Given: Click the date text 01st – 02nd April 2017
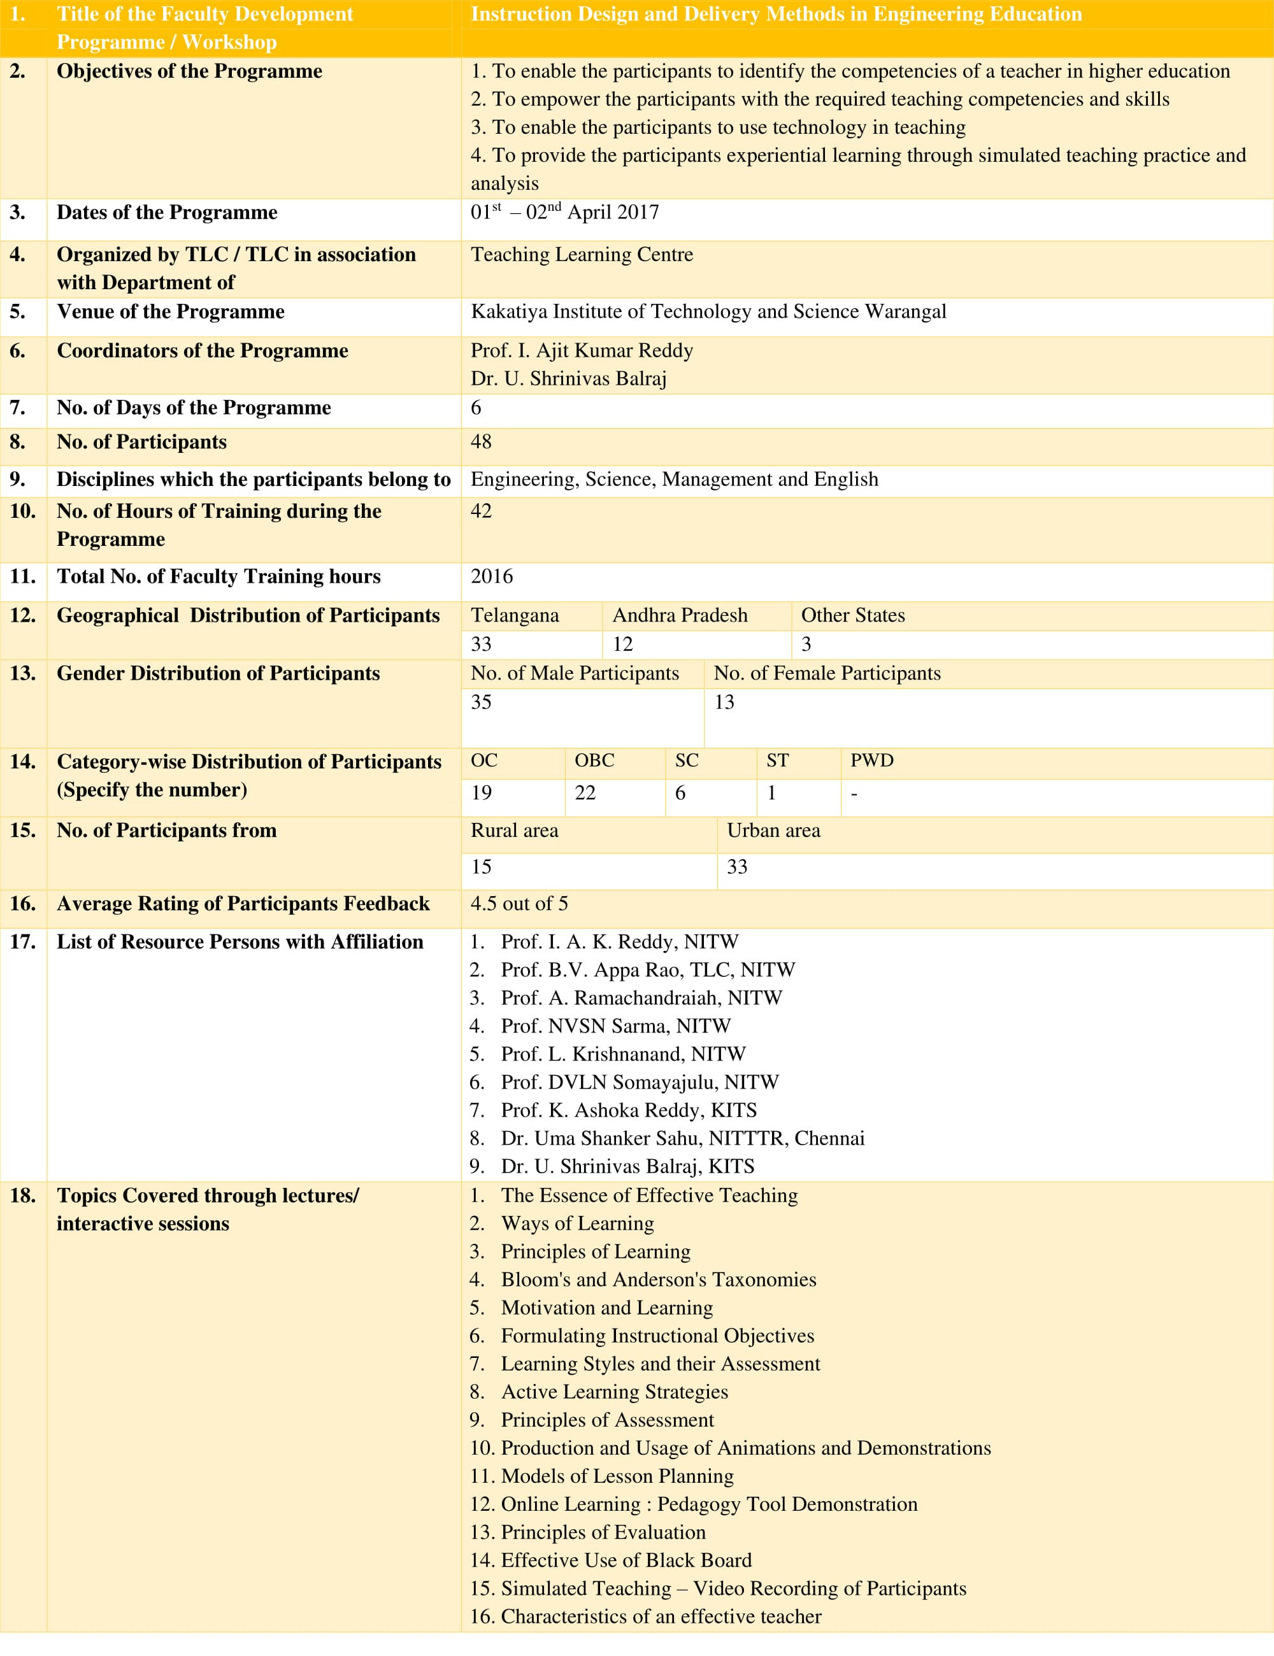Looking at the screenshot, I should coord(564,212).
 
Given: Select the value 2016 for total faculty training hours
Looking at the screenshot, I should coord(491,576).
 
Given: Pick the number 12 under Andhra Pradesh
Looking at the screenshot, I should coord(622,644).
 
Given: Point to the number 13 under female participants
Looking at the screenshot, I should coord(724,702).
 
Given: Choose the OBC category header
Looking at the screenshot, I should coord(594,760).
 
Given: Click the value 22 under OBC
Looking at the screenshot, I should coord(585,793).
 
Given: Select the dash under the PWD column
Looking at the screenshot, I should coord(854,794).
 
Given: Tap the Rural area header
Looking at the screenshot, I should coord(514,831).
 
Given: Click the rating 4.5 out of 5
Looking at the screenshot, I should coord(519,904).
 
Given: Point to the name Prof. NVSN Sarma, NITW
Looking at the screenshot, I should coord(615,1026).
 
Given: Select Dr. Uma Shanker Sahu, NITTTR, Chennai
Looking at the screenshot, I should coord(682,1138).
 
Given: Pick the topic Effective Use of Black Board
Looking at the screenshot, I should coord(626,1560).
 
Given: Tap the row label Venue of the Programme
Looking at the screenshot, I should coord(171,311).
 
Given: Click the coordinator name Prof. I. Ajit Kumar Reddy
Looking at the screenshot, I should coord(582,350).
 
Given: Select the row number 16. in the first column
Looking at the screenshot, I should coord(22,904).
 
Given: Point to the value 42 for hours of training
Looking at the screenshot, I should coord(481,511).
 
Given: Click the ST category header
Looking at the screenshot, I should coord(777,760).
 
